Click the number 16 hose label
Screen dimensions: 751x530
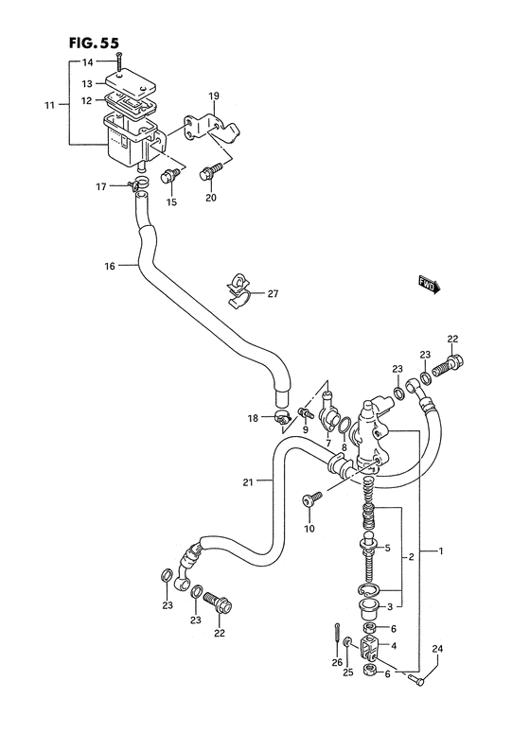(110, 267)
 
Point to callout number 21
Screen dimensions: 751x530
(247, 482)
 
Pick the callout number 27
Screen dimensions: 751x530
(273, 294)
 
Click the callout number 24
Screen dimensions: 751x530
(436, 649)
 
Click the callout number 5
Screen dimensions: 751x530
(386, 548)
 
